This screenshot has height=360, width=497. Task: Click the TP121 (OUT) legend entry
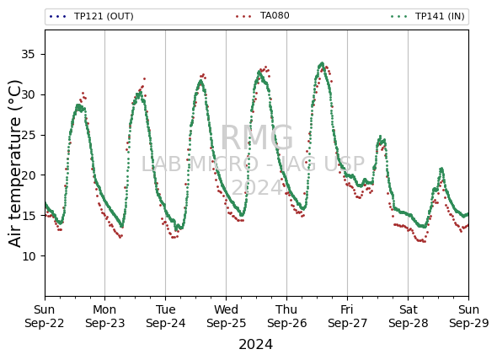click(x=91, y=16)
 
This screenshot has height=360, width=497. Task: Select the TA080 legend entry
click(x=263, y=15)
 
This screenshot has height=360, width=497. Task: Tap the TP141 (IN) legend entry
click(x=428, y=16)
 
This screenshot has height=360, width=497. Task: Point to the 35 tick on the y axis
click(x=28, y=55)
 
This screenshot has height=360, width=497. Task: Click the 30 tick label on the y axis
click(x=28, y=94)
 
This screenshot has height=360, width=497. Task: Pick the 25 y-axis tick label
click(x=28, y=135)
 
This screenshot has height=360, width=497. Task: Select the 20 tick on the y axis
click(x=28, y=175)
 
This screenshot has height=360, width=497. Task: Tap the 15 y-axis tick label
click(x=28, y=216)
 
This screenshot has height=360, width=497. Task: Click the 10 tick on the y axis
click(x=28, y=256)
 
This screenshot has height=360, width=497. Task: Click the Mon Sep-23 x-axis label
click(x=105, y=316)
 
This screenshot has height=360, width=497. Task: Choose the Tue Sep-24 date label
click(x=165, y=316)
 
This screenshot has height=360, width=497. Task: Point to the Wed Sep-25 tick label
click(x=226, y=316)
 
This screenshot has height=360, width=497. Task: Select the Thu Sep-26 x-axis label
click(x=287, y=316)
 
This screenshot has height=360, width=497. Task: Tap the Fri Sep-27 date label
click(x=347, y=316)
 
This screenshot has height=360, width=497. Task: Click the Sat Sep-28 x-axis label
click(x=409, y=316)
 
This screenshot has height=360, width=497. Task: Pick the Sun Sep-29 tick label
click(x=469, y=316)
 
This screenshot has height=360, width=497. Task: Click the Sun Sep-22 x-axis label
click(x=45, y=316)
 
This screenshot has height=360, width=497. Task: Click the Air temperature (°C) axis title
click(x=14, y=163)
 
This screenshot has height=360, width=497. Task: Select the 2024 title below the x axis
click(x=255, y=345)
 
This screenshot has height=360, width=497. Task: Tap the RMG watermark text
click(x=257, y=137)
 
